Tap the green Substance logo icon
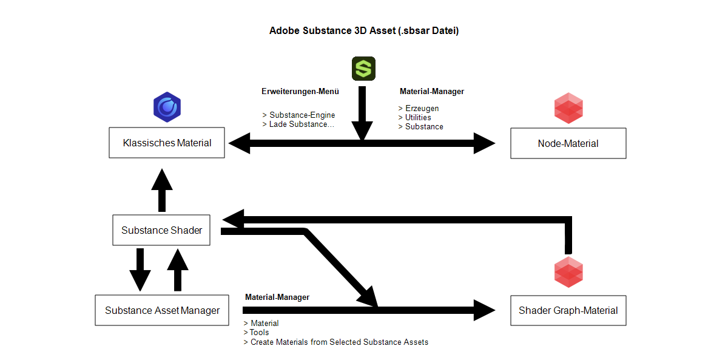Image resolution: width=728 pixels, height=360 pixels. click(363, 69)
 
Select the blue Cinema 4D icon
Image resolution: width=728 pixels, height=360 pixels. click(167, 107)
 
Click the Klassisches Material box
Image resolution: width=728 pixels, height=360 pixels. click(167, 143)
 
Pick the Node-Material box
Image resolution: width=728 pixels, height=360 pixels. click(568, 143)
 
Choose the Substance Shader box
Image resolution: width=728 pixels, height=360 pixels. click(161, 230)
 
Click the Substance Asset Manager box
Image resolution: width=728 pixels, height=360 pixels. click(162, 310)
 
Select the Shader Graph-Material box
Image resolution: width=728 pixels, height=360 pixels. click(568, 310)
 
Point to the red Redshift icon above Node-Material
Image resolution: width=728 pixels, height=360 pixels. click(568, 107)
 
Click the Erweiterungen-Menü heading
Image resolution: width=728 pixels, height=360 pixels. click(300, 92)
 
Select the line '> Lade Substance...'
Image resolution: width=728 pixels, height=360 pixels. click(298, 124)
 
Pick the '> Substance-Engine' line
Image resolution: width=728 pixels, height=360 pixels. click(298, 115)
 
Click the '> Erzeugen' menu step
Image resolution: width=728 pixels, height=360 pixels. click(419, 108)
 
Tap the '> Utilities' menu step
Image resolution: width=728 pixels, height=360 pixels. click(415, 117)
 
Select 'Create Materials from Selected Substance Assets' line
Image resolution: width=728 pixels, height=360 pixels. click(339, 342)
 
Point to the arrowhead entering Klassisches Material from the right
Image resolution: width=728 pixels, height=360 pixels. click(239, 144)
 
